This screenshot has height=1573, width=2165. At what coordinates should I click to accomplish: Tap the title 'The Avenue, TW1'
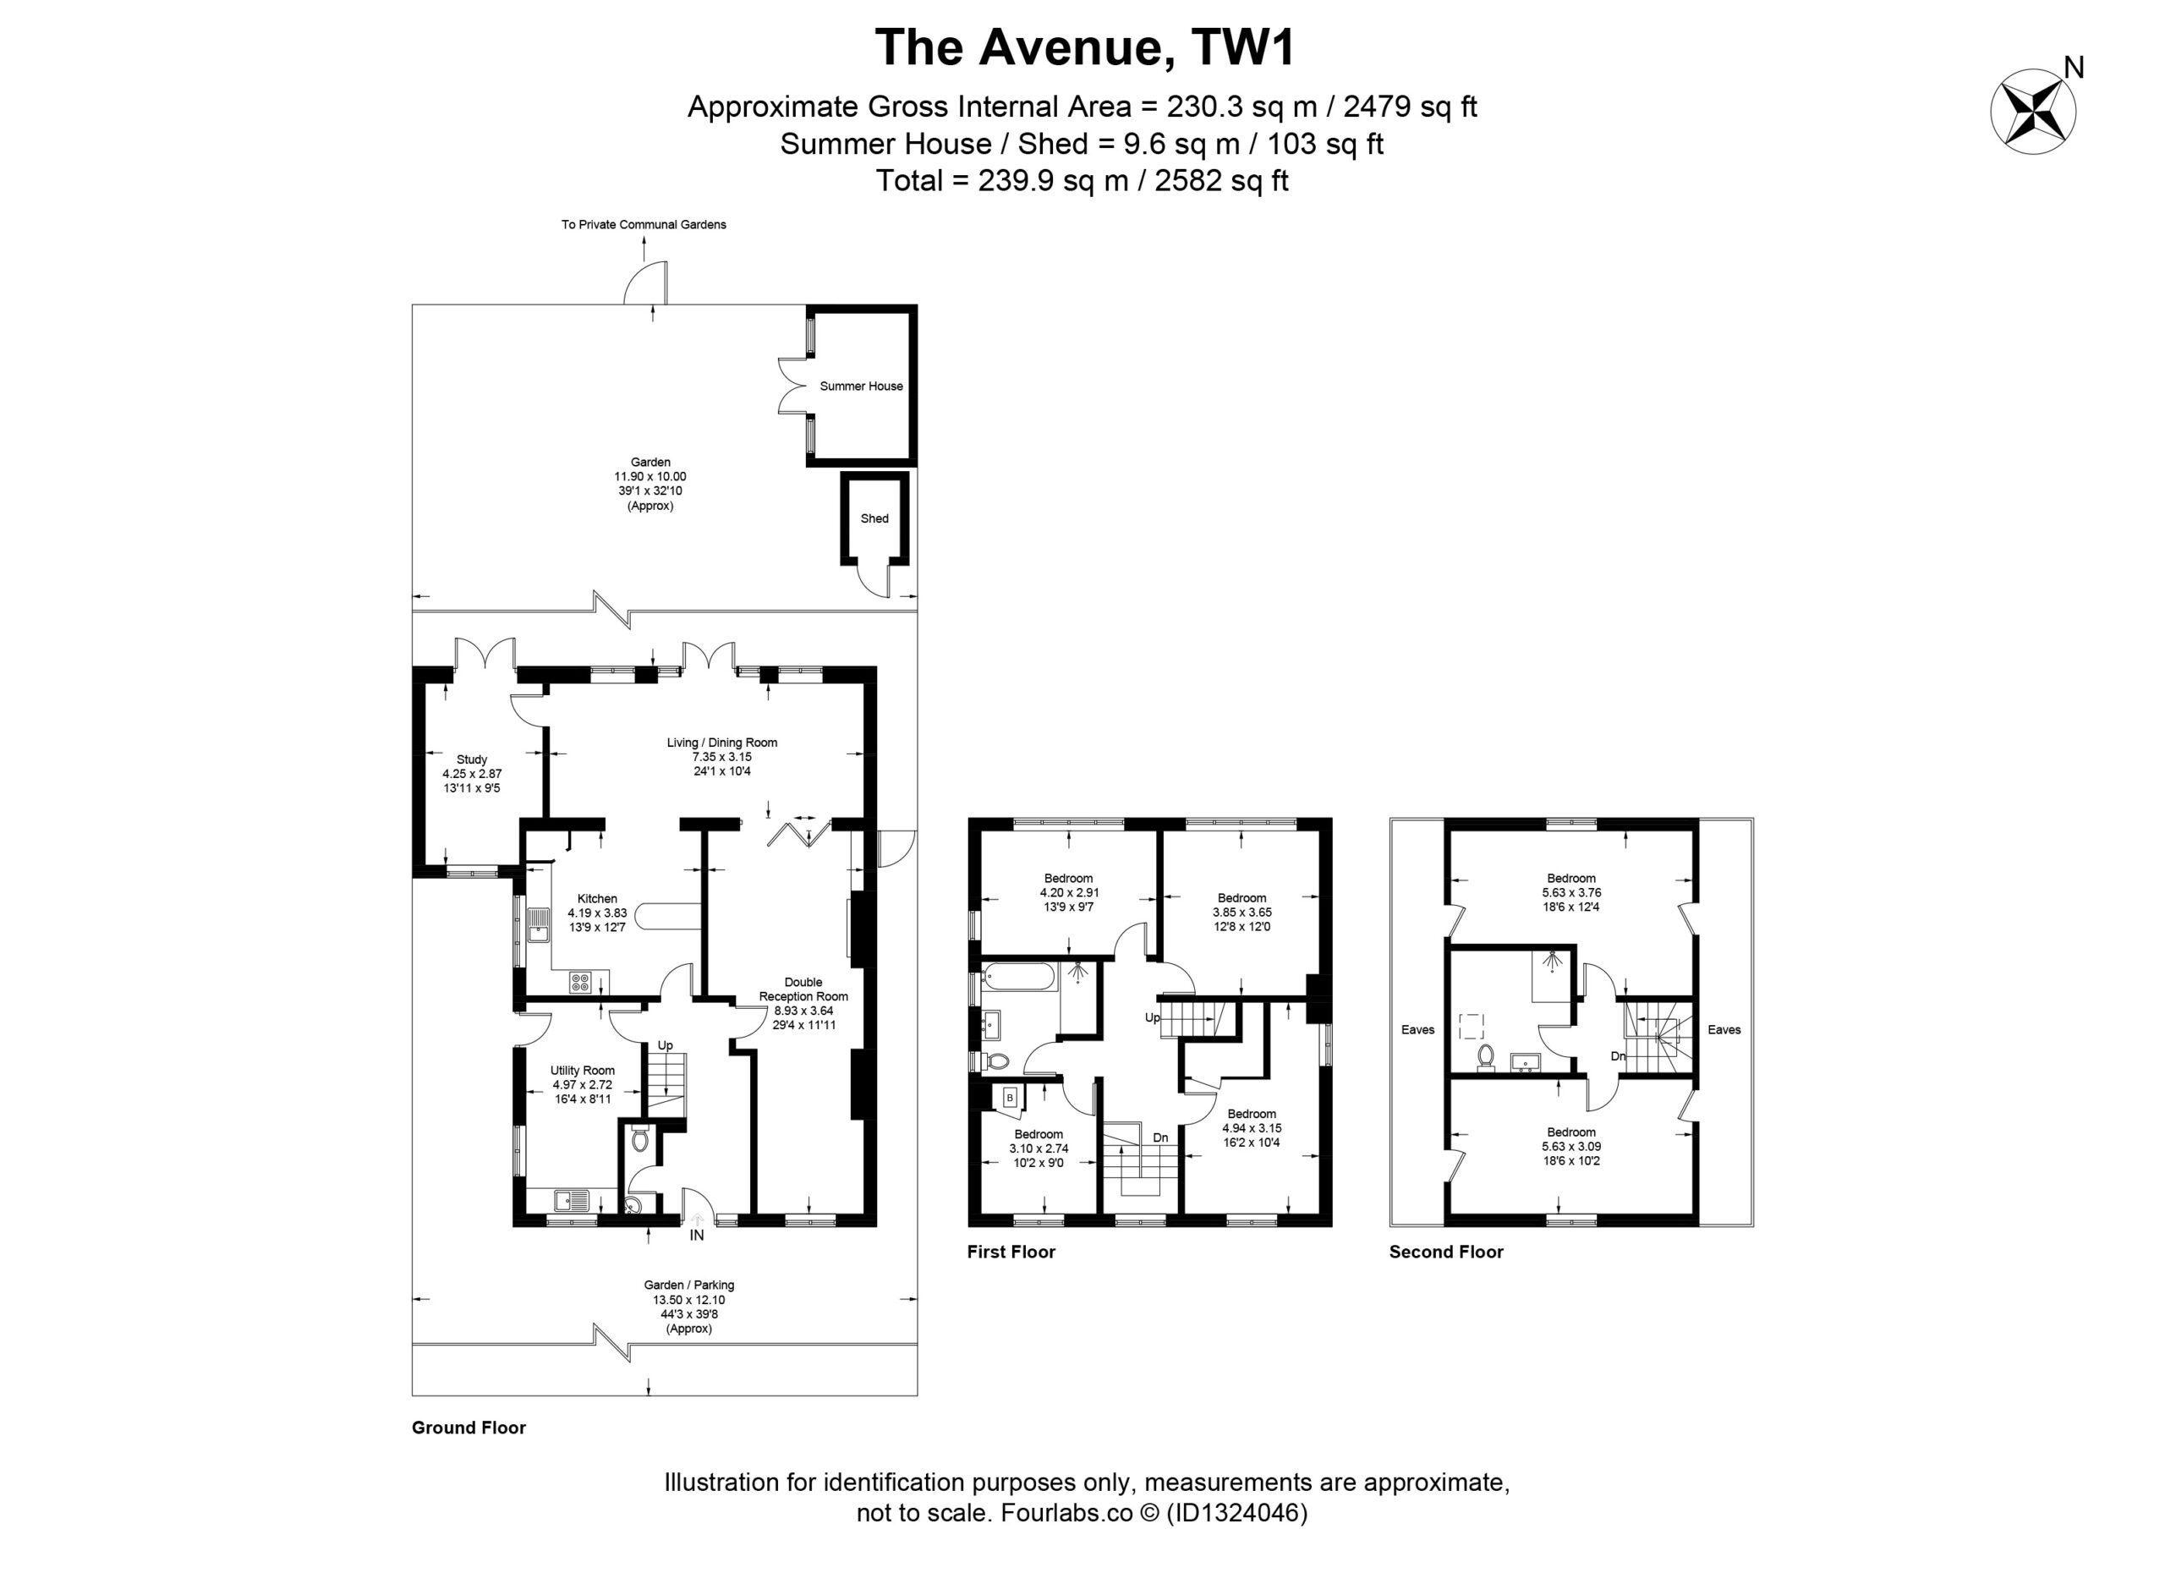[x=1084, y=47]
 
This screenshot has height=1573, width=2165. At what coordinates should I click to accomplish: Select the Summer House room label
[x=861, y=386]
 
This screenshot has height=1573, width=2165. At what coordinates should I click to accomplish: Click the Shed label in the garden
[x=874, y=519]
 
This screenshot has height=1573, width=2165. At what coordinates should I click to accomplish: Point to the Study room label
[x=472, y=759]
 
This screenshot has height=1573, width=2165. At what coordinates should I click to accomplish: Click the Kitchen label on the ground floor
[x=598, y=898]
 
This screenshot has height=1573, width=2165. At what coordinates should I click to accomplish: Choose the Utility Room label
[x=583, y=1071]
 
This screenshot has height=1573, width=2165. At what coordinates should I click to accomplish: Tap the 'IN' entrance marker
[x=697, y=1235]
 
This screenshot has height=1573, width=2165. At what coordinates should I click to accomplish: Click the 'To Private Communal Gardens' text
[x=644, y=225]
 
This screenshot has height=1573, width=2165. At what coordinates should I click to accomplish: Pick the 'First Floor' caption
[x=1011, y=1252]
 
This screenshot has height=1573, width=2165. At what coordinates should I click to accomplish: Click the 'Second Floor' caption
[x=1446, y=1252]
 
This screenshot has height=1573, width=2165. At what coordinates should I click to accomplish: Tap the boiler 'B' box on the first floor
[x=1009, y=1099]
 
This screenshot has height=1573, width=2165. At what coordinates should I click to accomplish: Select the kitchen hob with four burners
[x=580, y=982]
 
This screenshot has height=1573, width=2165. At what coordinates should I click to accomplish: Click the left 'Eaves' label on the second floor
[x=1418, y=1030]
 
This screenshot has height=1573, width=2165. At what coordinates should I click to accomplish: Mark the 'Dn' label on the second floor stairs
[x=1618, y=1056]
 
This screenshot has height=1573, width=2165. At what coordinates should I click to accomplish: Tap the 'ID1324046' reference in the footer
[x=1237, y=1513]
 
